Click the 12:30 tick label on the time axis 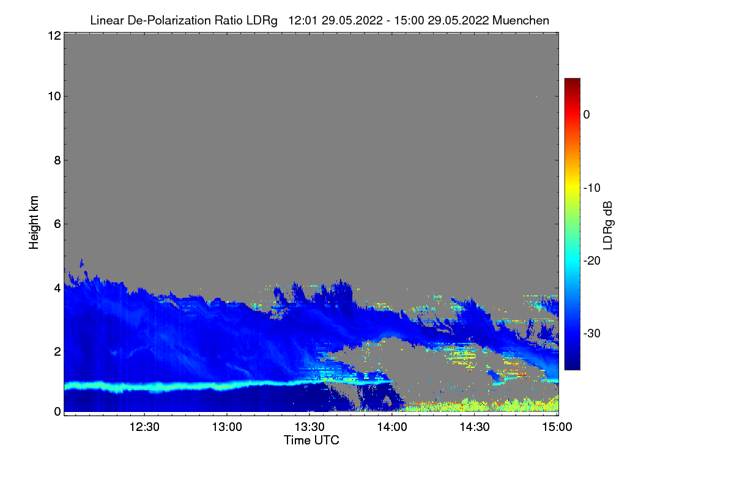144,427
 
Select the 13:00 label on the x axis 227,427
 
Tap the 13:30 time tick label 310,427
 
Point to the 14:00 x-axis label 392,427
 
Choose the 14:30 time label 475,427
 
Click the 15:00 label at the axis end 557,427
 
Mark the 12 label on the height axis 54,35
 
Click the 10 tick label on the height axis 54,97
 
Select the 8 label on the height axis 57,160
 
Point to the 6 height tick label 57,224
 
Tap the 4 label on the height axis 57,289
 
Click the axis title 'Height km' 34,222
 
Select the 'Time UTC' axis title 311,440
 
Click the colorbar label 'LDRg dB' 607,226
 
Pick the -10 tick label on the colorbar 592,188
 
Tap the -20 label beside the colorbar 592,261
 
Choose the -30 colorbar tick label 592,333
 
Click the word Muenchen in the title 521,20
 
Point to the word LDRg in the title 262,21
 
